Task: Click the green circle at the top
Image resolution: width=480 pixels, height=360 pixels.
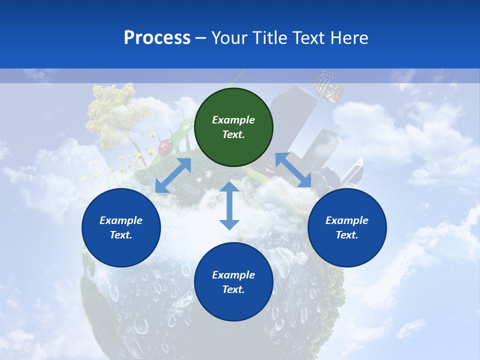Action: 233,127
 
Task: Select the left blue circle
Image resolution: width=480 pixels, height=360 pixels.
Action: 121,228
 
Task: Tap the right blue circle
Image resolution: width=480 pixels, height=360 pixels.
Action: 347,228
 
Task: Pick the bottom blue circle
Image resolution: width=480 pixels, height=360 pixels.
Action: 233,282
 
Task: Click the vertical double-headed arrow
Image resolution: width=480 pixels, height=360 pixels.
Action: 229,205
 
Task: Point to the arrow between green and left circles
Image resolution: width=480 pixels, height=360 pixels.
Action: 173,175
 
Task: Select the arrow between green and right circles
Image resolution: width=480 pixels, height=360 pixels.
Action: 293,170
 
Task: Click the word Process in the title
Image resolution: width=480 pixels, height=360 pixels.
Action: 157,37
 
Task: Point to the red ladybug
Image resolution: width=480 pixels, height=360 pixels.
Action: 165,146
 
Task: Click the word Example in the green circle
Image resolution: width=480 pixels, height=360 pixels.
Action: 233,120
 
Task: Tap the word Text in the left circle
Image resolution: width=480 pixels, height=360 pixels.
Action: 121,235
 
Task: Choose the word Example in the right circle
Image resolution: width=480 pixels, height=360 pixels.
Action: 347,220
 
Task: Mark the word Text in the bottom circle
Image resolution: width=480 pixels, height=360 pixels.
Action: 233,289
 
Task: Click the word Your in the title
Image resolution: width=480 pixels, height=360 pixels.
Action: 229,37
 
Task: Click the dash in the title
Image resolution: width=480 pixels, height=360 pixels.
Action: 201,38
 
